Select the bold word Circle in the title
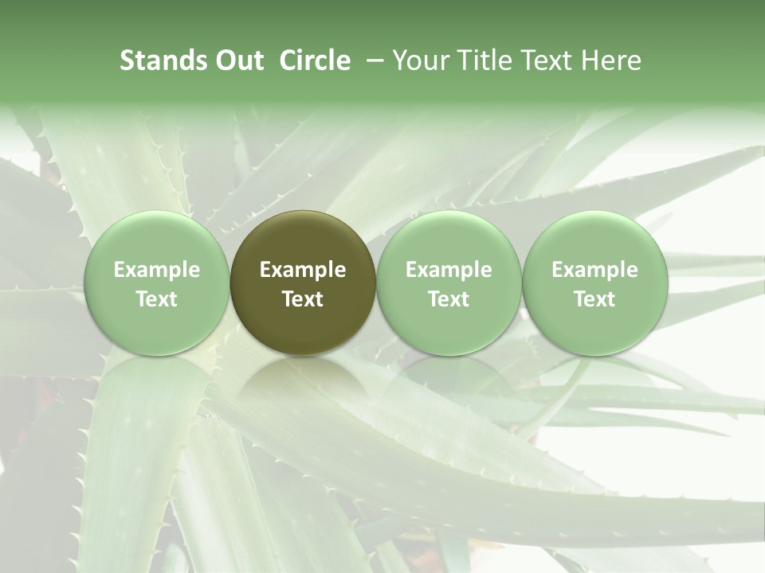(315, 60)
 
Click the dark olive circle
(303, 283)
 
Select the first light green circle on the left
(157, 283)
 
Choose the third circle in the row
(449, 283)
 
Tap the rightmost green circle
(594, 283)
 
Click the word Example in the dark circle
(303, 270)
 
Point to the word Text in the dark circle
(303, 299)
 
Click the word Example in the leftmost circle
(157, 270)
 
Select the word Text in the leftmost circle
(157, 299)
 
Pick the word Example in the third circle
(449, 270)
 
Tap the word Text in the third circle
(449, 299)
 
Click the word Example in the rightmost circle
(594, 270)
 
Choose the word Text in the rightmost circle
(594, 299)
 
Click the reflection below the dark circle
(303, 382)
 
